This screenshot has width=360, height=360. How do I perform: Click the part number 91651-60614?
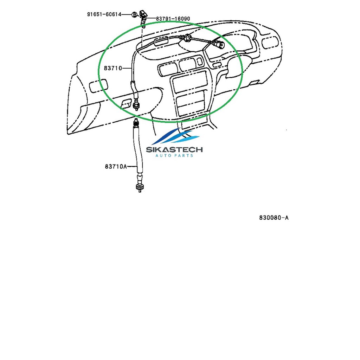pos(104,14)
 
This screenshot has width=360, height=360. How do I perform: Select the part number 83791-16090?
pos(173,19)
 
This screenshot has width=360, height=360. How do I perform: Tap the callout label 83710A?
pos(116,166)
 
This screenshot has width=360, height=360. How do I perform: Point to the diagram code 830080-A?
pos(274,217)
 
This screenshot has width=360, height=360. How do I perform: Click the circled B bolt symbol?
pos(135,15)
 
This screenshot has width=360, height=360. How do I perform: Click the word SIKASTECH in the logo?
pos(174,150)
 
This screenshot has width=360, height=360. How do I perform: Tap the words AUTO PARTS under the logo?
pos(174,156)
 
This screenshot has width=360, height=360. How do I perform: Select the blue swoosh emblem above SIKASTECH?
pos(176,137)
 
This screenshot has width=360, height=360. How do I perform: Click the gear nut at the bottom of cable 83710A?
pos(140,187)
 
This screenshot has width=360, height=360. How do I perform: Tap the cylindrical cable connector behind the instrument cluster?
pos(219,45)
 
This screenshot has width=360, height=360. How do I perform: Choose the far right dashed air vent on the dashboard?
pos(270,42)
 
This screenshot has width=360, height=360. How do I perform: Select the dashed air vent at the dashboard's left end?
pos(98,85)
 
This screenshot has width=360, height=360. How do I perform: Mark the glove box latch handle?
pos(127,104)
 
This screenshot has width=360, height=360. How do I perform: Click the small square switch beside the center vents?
pos(200,61)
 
